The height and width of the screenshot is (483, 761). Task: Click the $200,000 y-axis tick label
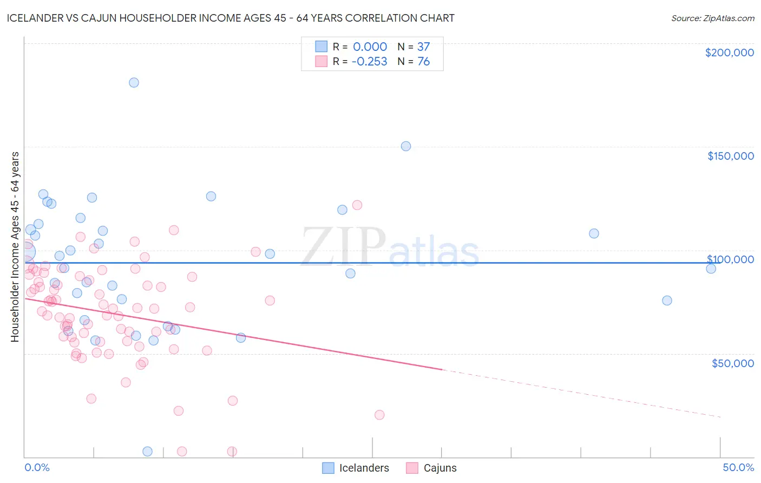(x=729, y=53)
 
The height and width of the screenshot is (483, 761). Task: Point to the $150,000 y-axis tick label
(x=730, y=156)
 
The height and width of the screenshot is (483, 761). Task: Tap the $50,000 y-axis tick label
(x=732, y=363)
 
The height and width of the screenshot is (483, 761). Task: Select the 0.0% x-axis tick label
(x=37, y=467)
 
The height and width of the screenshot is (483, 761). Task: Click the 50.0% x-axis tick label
(x=738, y=467)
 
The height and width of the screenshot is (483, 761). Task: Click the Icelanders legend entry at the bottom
(x=356, y=468)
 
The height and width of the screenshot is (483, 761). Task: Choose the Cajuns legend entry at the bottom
(x=431, y=468)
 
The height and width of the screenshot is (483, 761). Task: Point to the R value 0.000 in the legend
(x=370, y=47)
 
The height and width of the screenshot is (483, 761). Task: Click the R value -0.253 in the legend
(x=369, y=62)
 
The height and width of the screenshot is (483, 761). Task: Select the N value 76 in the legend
(x=423, y=62)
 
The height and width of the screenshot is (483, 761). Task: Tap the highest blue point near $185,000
(x=134, y=83)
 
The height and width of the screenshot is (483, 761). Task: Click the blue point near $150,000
(x=406, y=146)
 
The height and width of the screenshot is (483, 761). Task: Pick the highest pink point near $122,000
(x=357, y=205)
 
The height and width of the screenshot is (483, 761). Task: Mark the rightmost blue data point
(x=711, y=269)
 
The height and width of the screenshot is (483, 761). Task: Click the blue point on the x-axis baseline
(x=147, y=451)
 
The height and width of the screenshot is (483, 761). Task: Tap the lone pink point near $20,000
(x=379, y=415)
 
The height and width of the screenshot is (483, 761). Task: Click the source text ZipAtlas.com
(x=712, y=18)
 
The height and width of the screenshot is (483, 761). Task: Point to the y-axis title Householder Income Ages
(x=15, y=246)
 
